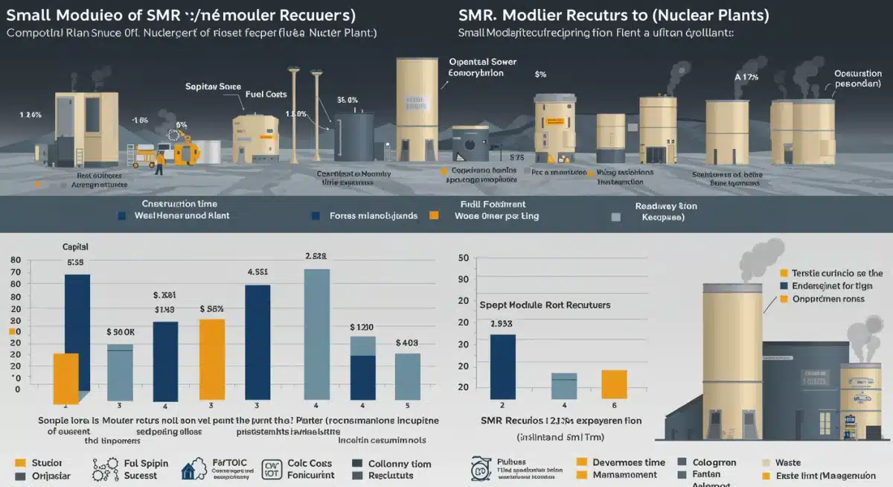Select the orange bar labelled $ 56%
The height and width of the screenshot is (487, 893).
212,359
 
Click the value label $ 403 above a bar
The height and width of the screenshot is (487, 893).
406,343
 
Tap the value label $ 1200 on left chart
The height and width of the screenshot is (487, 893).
362,327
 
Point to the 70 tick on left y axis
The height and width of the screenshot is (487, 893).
16,274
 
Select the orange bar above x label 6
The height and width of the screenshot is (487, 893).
614,384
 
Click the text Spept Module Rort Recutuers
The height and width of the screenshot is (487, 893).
545,305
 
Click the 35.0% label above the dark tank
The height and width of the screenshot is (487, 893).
348,100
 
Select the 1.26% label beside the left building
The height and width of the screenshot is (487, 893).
31,115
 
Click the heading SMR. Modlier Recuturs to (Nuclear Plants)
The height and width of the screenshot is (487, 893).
615,14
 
